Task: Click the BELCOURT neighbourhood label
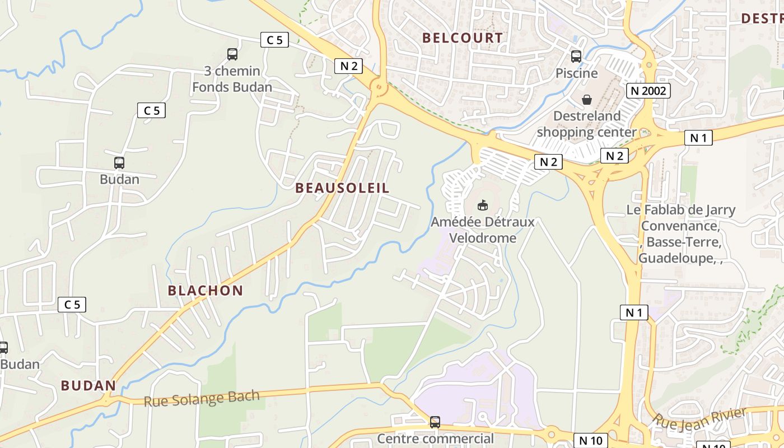463,38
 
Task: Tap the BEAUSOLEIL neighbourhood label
342,188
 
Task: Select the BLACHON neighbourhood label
206,291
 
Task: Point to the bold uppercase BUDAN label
88,385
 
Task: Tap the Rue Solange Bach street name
202,399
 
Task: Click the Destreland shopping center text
586,124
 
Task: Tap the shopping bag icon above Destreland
586,100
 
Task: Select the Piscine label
576,73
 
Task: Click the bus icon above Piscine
576,57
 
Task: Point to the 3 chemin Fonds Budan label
232,79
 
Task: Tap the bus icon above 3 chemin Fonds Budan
232,54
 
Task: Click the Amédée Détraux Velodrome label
482,230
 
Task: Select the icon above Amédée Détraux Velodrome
482,205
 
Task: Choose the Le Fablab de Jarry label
688,210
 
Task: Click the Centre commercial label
435,438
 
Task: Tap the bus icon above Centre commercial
435,422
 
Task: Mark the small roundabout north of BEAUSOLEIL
380,87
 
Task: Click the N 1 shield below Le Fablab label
634,312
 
